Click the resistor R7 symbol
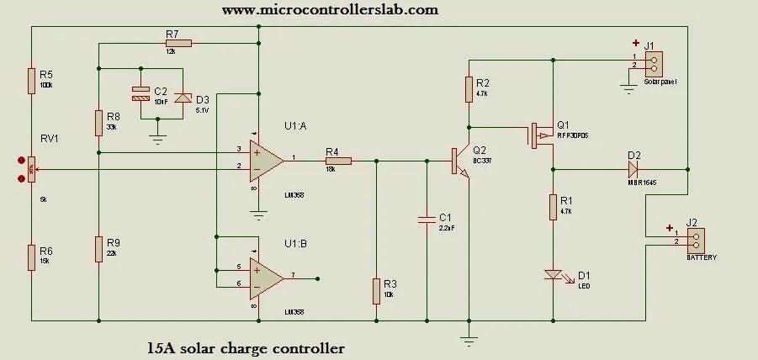[x=178, y=43]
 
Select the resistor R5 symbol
[x=31, y=81]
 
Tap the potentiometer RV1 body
[x=31, y=169]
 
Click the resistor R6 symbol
[x=31, y=256]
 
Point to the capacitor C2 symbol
[x=141, y=93]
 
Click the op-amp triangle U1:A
[x=267, y=157]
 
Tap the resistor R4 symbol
[x=337, y=157]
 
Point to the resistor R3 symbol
[x=376, y=291]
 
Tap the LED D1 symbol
[x=553, y=274]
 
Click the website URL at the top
[x=330, y=10]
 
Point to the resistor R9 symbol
[x=98, y=249]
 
